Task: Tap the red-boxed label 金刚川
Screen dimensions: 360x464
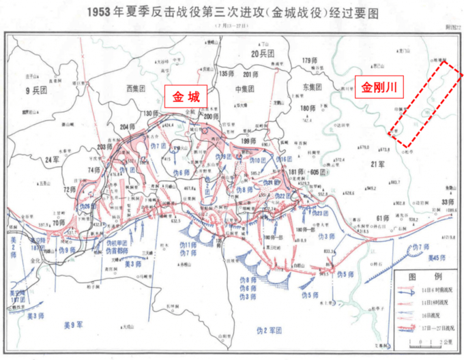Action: click(x=379, y=87)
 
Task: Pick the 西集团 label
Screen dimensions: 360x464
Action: click(x=137, y=88)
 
